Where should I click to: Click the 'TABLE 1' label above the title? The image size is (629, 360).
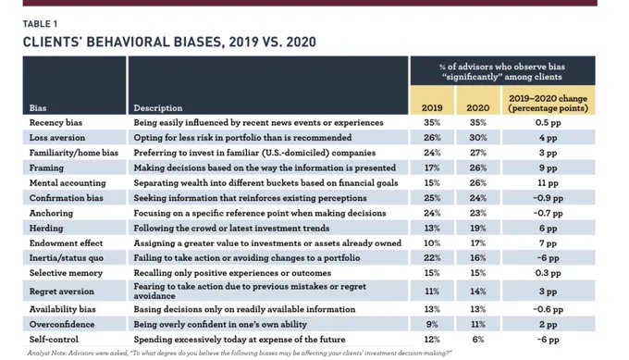coord(40,24)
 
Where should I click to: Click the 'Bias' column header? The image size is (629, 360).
coord(38,108)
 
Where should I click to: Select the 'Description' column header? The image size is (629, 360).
coord(157,108)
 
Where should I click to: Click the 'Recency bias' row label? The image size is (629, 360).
coord(55,123)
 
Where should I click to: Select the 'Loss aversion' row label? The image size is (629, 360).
coord(57,138)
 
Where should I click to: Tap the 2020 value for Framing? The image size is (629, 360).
coord(478,168)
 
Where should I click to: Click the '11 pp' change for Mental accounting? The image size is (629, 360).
coord(548,183)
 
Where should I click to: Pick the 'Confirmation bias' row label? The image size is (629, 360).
coord(67,198)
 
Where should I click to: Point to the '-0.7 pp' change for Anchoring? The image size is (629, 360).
coord(548,213)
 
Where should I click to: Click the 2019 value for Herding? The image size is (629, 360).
coord(432,228)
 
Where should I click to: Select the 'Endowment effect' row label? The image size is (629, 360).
coord(67,243)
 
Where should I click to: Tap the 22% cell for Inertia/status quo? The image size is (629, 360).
coord(432,258)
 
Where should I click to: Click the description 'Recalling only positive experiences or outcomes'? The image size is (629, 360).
coord(232,273)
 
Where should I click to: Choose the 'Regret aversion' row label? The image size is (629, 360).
coord(61,292)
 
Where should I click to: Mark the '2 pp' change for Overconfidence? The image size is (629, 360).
coord(548,324)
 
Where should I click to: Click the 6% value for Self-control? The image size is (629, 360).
coord(478,340)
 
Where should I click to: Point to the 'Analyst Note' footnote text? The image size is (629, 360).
coord(240,354)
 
